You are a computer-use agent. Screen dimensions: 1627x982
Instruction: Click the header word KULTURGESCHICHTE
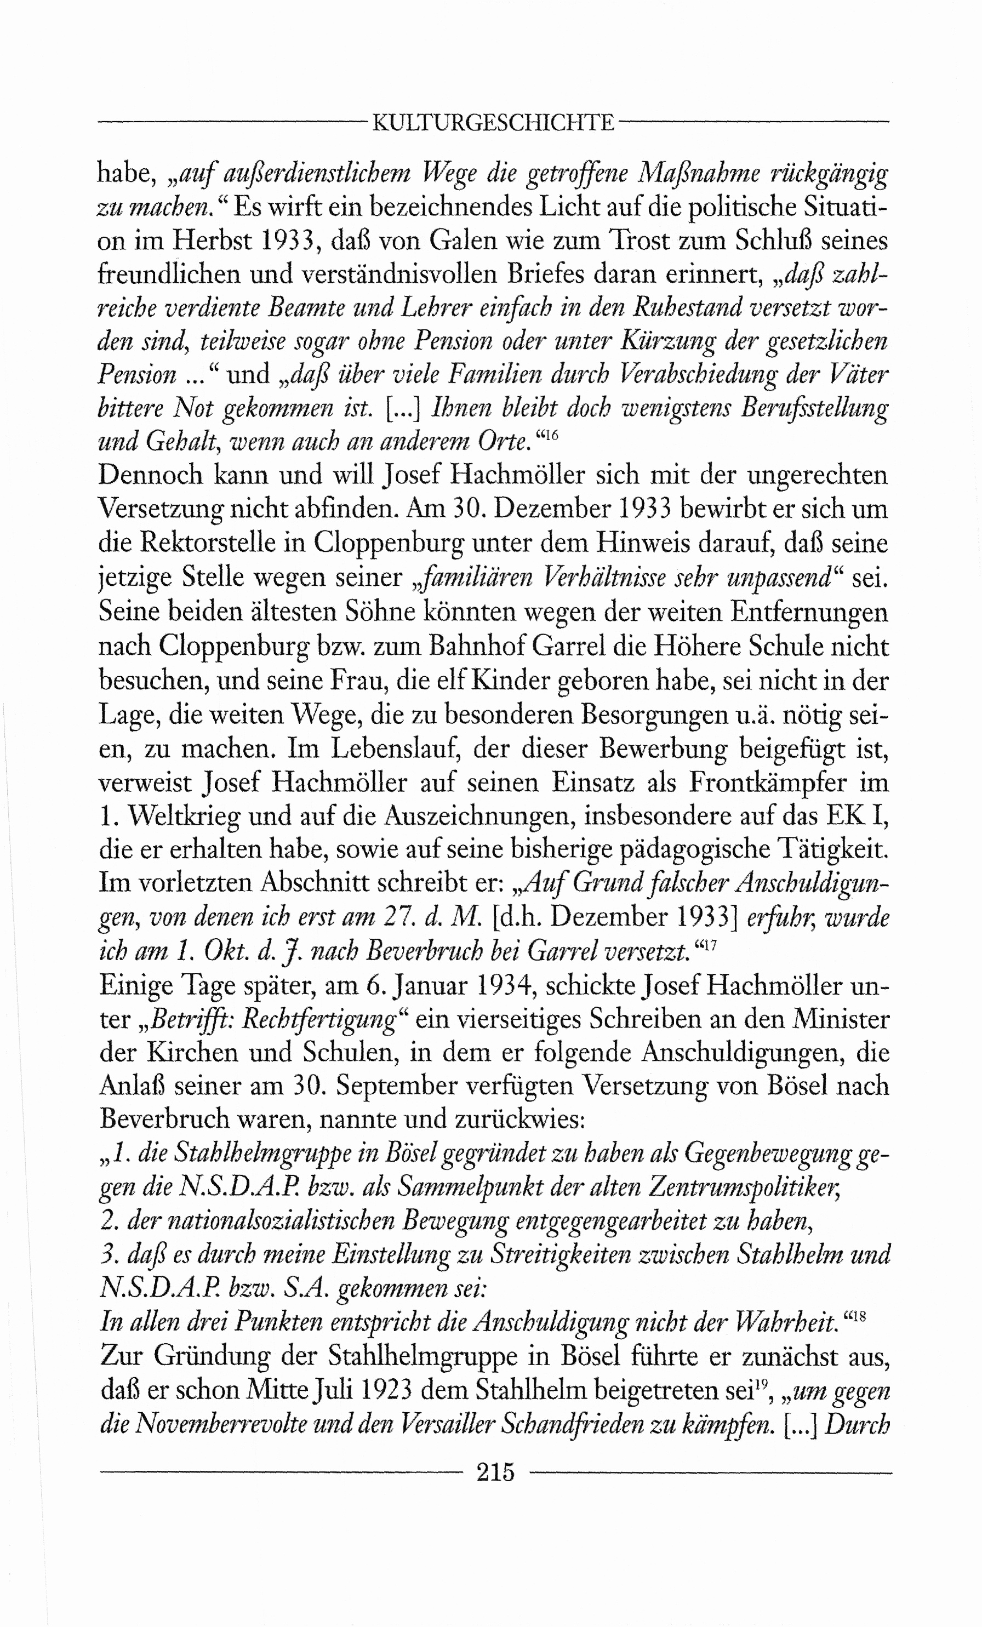point(493,123)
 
